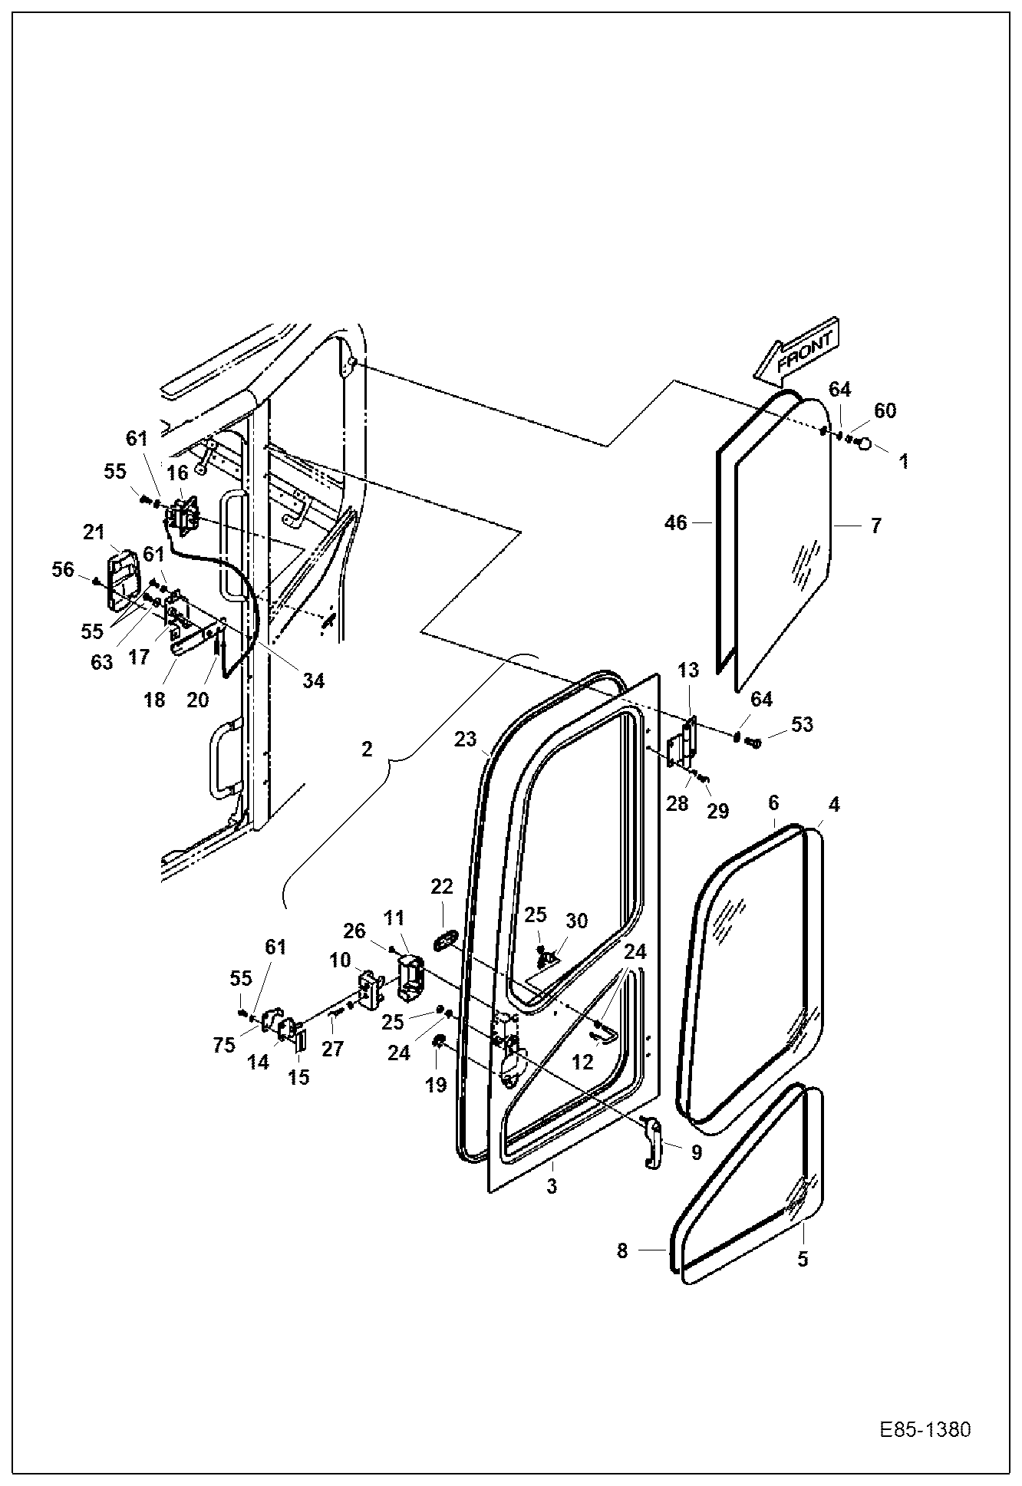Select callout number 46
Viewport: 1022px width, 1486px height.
click(x=676, y=524)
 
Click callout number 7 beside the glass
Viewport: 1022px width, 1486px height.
click(x=875, y=526)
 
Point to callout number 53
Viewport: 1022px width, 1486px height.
click(x=801, y=724)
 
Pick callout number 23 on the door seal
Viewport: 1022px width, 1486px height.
click(x=465, y=740)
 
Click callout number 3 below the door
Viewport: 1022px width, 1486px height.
click(x=551, y=1186)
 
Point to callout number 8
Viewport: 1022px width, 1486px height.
click(x=621, y=1251)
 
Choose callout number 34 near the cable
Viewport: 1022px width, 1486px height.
click(x=313, y=680)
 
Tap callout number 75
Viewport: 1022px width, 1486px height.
click(x=224, y=1046)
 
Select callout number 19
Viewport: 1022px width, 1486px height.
click(x=436, y=1084)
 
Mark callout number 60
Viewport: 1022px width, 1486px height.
click(x=884, y=411)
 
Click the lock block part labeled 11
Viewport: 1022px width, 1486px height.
click(x=411, y=977)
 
